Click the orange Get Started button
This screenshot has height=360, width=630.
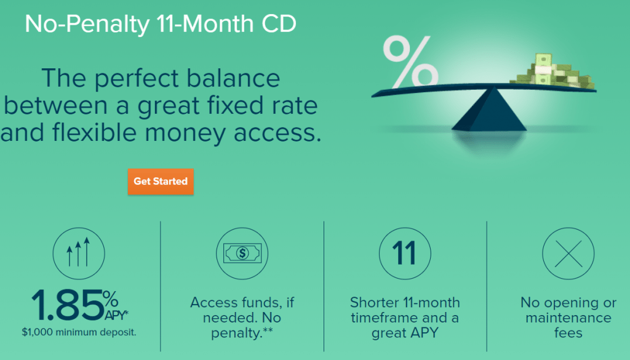[161, 182]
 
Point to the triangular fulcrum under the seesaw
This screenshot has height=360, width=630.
[489, 111]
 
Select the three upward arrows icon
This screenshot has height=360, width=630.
[78, 252]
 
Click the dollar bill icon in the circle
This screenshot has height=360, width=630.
[242, 252]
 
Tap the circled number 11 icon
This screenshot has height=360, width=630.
[405, 252]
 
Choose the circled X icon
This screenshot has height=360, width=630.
[568, 252]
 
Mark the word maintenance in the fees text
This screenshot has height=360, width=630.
[568, 318]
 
